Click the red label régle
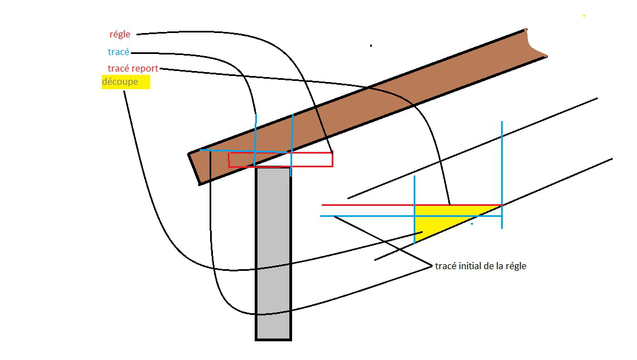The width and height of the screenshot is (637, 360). pos(120,35)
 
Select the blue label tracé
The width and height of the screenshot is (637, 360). pos(119,52)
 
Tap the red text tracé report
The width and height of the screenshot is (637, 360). pos(133,68)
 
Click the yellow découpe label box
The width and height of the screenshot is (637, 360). pos(126,81)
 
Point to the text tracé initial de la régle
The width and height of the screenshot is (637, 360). pos(481,266)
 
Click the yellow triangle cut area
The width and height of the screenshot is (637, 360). pos(443,220)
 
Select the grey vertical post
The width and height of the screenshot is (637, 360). pos(273,254)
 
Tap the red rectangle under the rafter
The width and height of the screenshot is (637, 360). pos(281,160)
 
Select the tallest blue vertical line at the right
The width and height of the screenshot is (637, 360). pos(502,174)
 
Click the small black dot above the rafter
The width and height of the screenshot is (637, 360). pos(371,46)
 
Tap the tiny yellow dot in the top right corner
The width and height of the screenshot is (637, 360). pos(584,15)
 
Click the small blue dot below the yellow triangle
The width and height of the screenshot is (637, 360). pos(472,223)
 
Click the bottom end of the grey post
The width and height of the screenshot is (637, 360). pos(273,339)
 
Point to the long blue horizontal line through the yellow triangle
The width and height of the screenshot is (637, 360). pos(411,216)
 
